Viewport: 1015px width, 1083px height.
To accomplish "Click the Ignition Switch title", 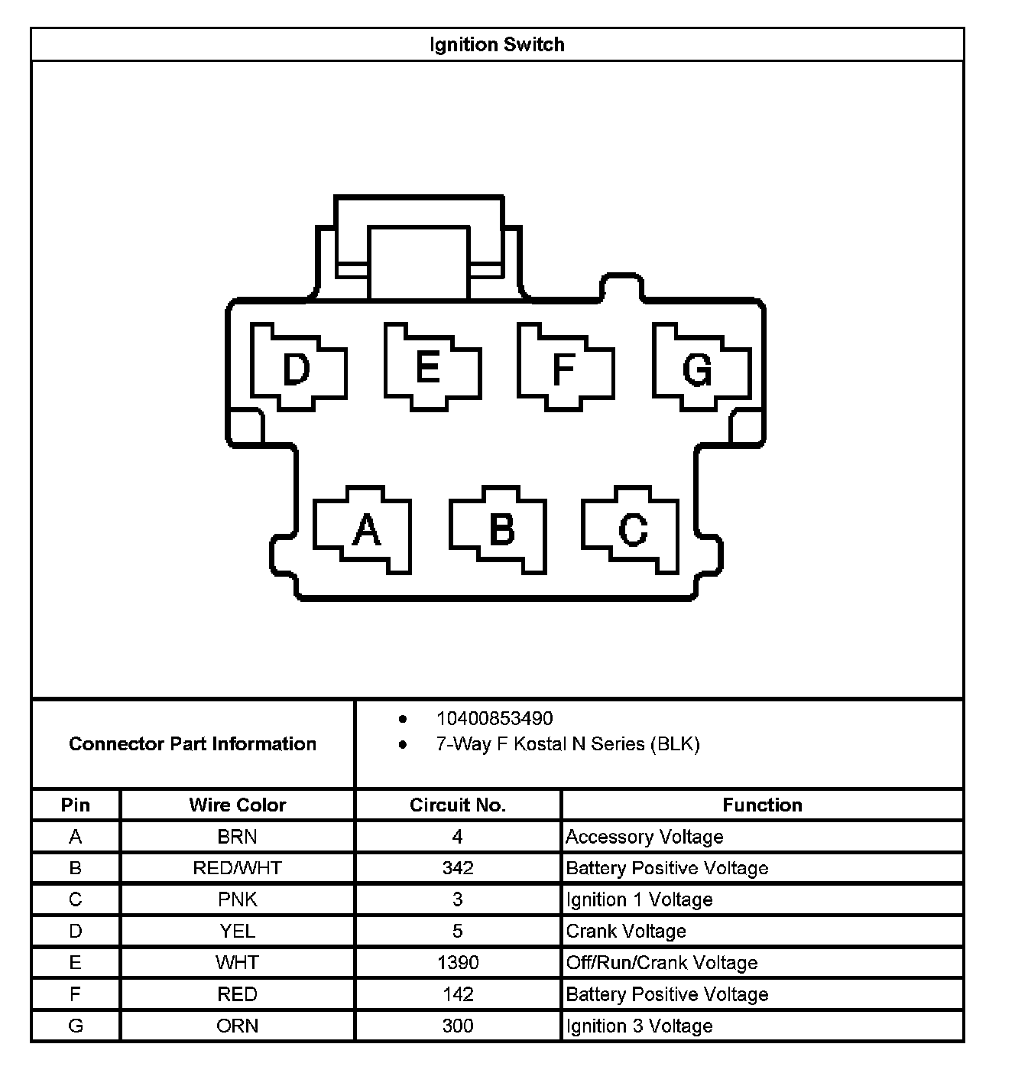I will pyautogui.click(x=497, y=44).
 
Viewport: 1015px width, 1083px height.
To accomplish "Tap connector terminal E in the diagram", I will pyautogui.click(x=429, y=366).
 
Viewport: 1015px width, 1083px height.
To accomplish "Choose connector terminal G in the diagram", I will pyautogui.click(x=698, y=369).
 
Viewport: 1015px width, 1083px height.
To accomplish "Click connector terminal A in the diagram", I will pyautogui.click(x=366, y=529).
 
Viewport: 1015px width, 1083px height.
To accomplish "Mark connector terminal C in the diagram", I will pyautogui.click(x=633, y=529).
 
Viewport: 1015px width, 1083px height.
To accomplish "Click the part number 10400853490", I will pyautogui.click(x=495, y=719).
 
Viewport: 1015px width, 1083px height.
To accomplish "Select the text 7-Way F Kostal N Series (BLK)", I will pyautogui.click(x=568, y=744).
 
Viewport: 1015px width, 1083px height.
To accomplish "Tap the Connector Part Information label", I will pyautogui.click(x=193, y=744).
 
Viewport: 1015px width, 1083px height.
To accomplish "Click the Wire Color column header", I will pyautogui.click(x=237, y=805).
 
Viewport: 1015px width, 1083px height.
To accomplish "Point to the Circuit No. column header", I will pyautogui.click(x=458, y=805).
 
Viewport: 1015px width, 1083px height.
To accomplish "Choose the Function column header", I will pyautogui.click(x=762, y=805).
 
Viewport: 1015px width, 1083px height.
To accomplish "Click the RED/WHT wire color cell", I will pyautogui.click(x=237, y=868).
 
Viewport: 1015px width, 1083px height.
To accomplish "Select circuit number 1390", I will pyautogui.click(x=458, y=963).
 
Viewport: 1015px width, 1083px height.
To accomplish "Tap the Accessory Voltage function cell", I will pyautogui.click(x=644, y=837).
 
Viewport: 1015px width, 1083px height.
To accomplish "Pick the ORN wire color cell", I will pyautogui.click(x=237, y=1026).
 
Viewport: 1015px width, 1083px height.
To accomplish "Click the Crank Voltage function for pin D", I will pyautogui.click(x=626, y=932).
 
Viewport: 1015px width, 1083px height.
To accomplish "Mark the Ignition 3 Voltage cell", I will pyautogui.click(x=639, y=1026).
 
